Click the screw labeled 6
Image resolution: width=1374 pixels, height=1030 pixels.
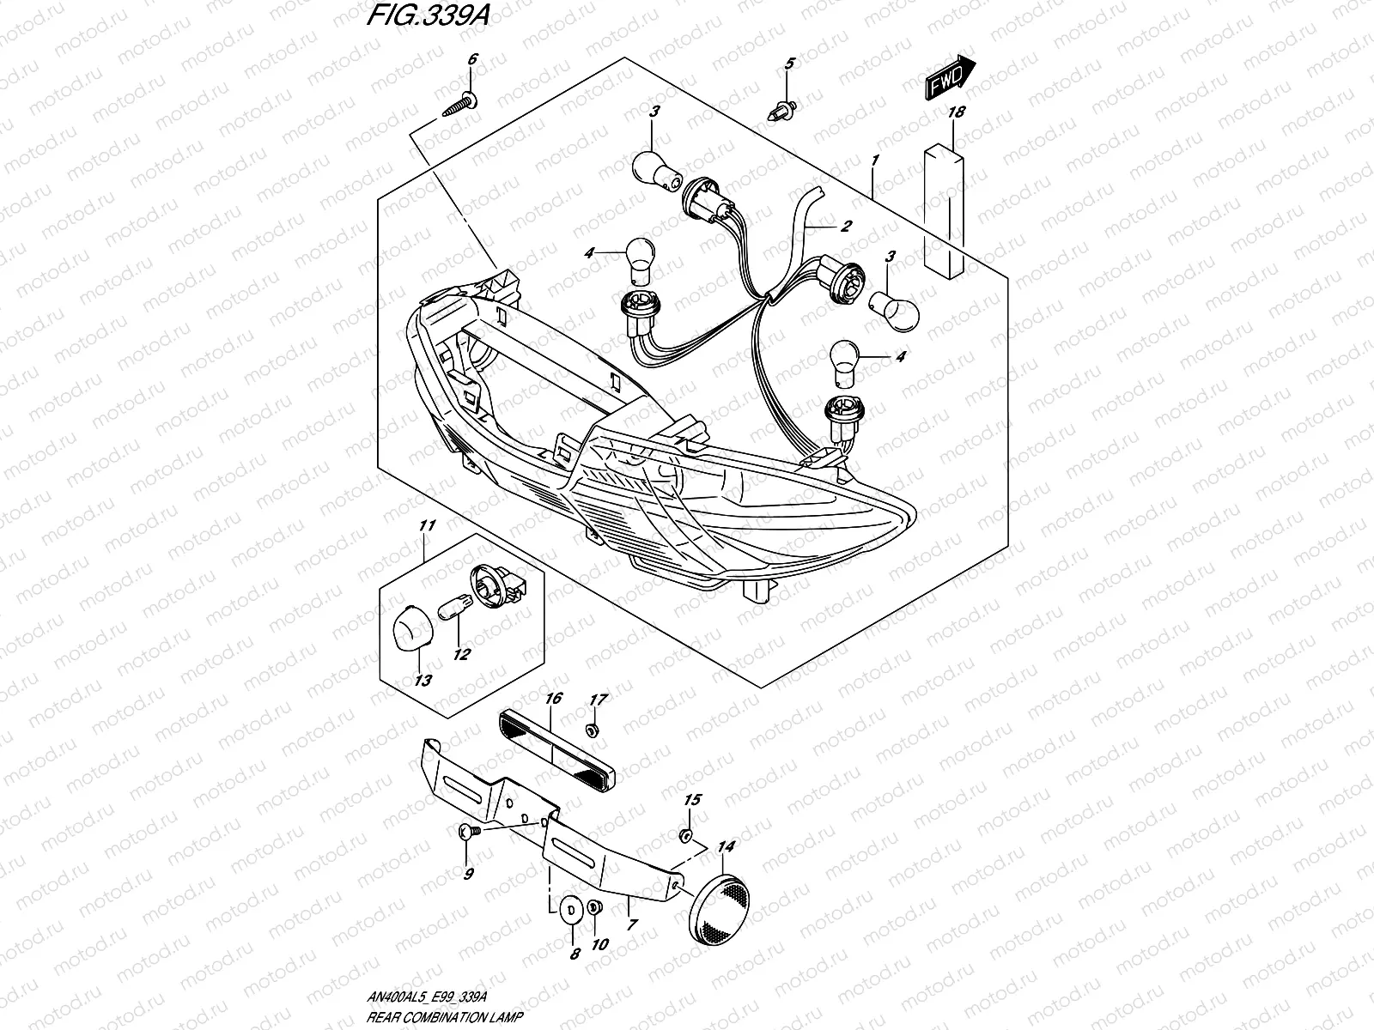click(462, 106)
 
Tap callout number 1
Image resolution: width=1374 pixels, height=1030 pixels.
click(874, 160)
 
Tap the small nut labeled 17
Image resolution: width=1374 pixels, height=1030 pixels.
click(591, 730)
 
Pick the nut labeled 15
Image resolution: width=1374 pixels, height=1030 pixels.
click(685, 835)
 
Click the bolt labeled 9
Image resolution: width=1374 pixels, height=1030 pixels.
click(465, 831)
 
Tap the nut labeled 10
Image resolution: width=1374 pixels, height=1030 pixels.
click(594, 908)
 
